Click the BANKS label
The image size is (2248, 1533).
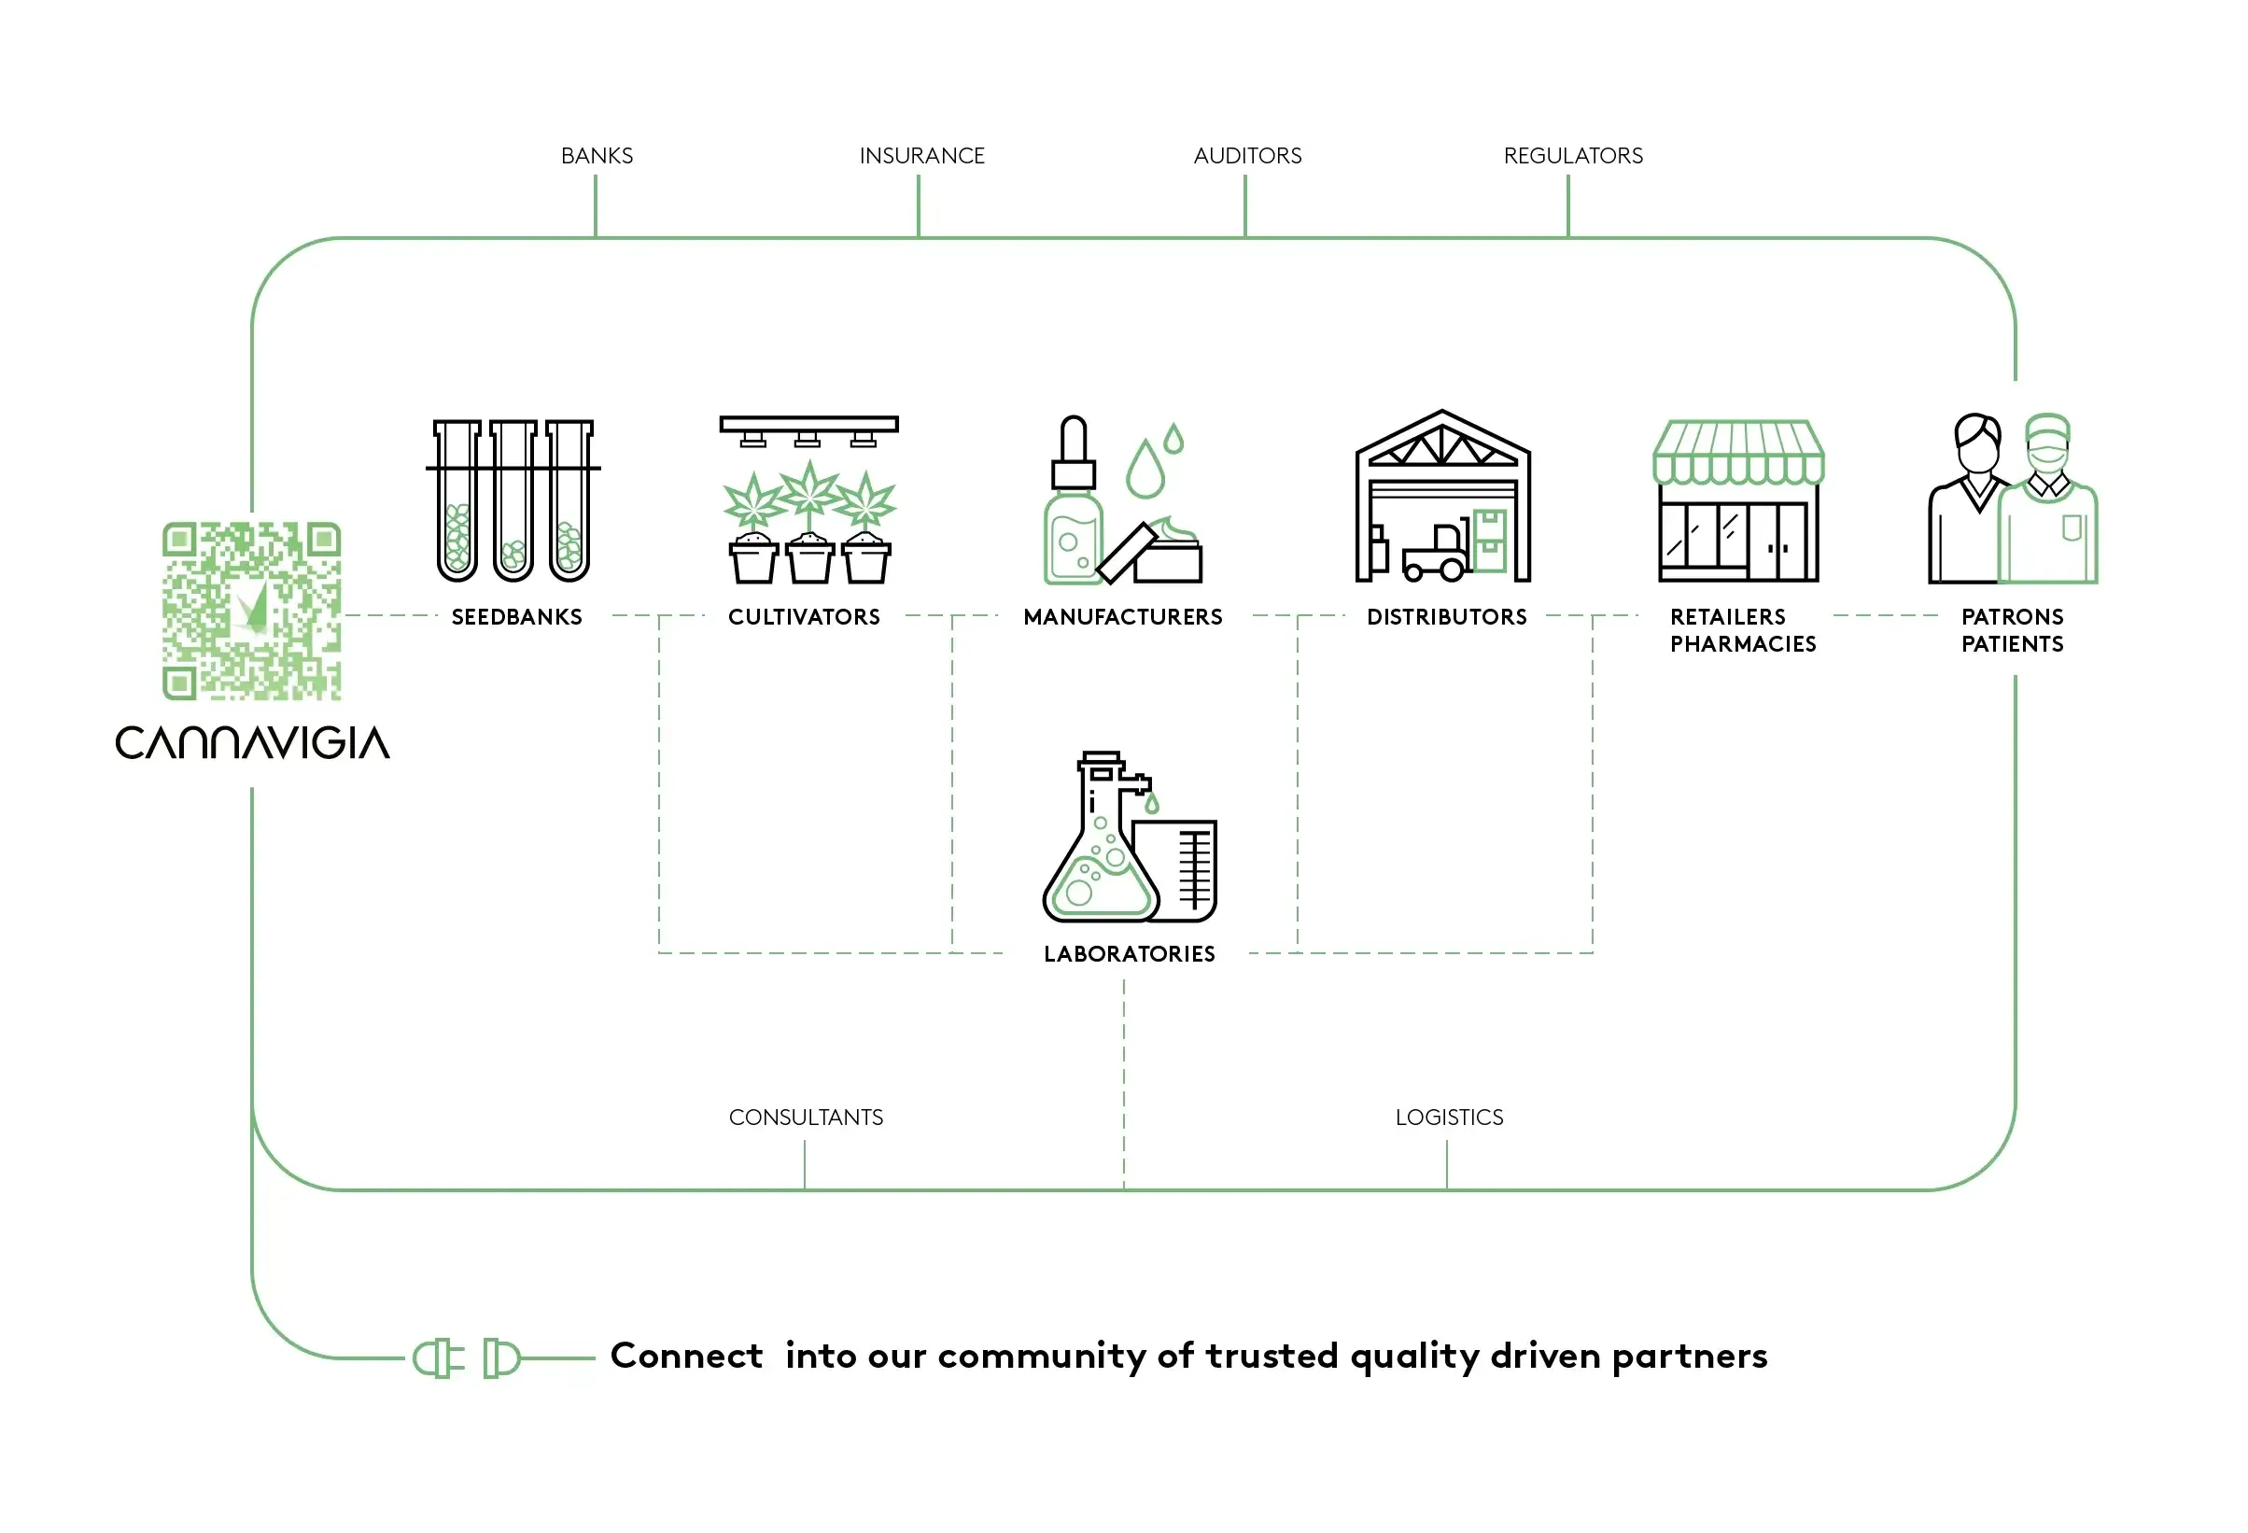597,156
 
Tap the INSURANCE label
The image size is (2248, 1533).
920,156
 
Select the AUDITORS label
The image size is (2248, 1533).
1247,156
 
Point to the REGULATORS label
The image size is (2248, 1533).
1572,156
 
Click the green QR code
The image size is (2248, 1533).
251,611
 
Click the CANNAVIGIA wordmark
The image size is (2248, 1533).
252,743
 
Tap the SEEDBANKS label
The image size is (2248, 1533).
516,617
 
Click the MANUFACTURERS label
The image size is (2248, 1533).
1122,617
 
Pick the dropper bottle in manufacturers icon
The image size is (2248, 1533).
1073,513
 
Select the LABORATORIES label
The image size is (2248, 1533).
1129,953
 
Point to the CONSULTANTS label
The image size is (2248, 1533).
805,1118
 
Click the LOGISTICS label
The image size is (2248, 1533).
1448,1118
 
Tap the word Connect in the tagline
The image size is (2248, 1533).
687,1356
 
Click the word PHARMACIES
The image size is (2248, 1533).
1742,644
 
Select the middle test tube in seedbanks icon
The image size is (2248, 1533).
513,503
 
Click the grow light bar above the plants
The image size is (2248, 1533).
808,424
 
